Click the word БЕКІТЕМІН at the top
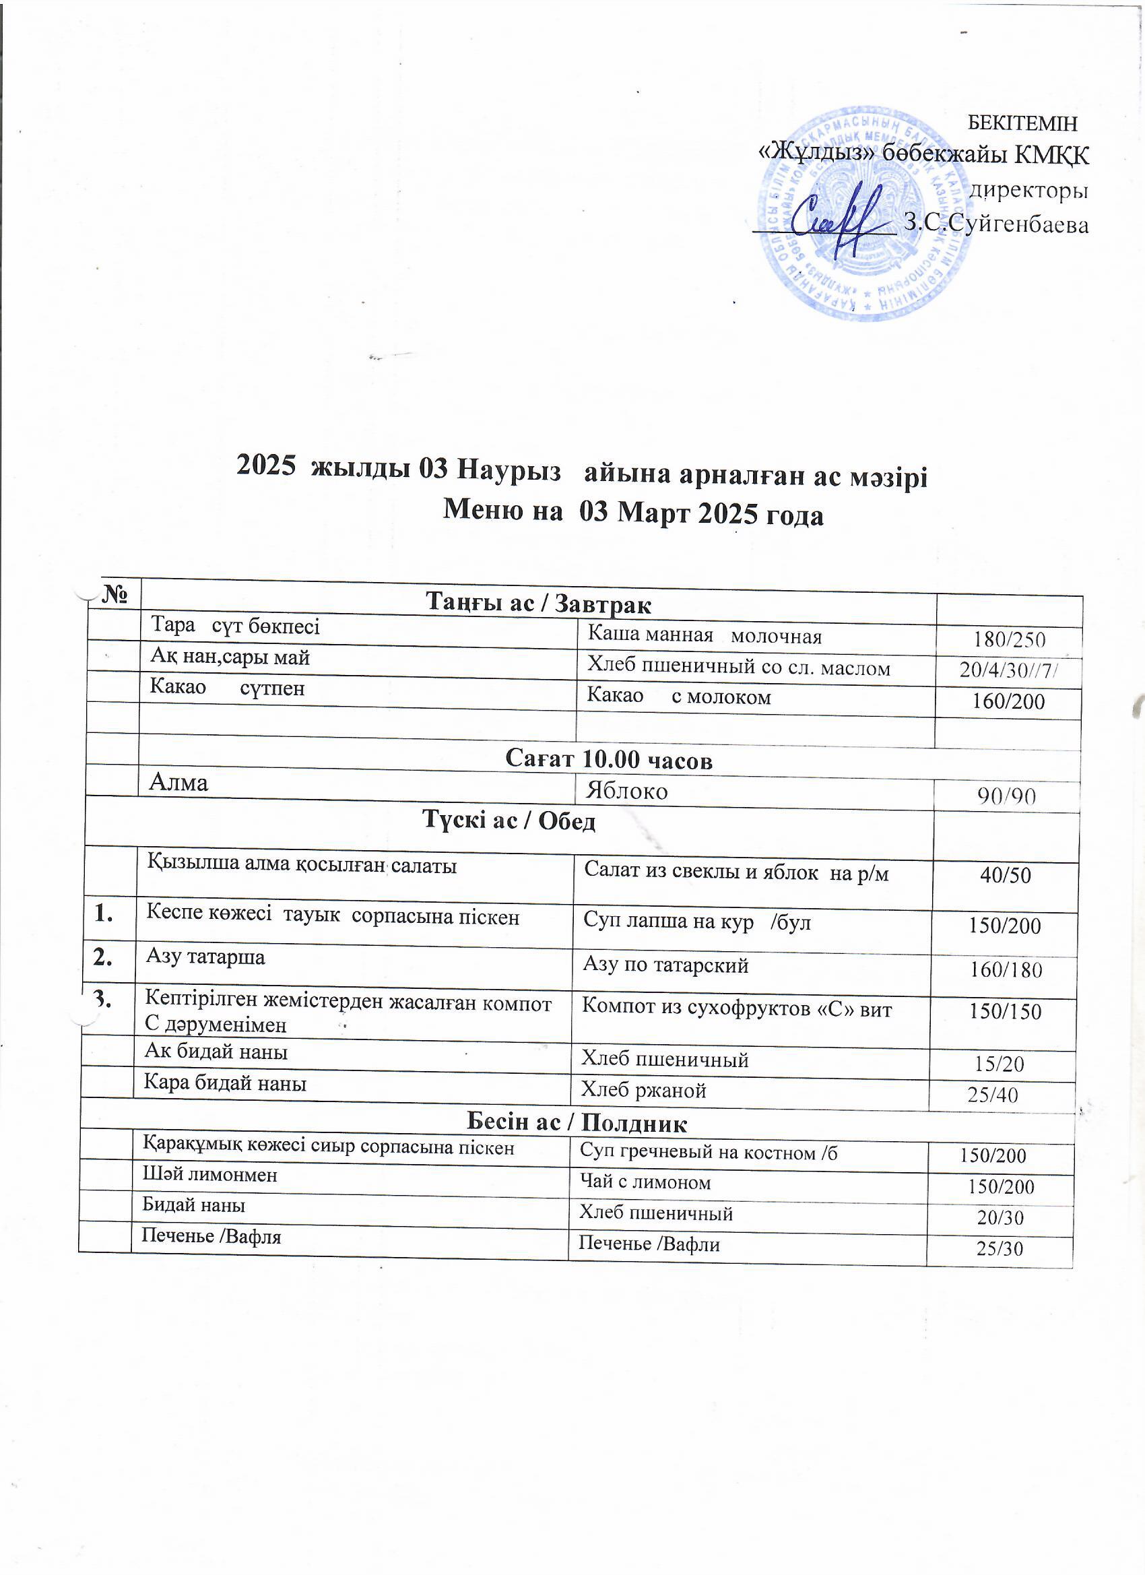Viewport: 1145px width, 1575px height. [x=1022, y=123]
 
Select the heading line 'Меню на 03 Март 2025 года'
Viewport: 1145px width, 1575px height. [x=632, y=514]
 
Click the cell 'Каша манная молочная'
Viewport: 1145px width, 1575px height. [x=705, y=635]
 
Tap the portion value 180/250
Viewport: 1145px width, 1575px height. [x=1009, y=639]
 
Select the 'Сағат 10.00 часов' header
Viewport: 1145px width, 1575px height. [x=608, y=760]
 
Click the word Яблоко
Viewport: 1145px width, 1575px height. [x=626, y=791]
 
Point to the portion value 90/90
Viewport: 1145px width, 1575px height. [x=1006, y=796]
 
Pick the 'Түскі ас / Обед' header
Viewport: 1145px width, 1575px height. [x=509, y=822]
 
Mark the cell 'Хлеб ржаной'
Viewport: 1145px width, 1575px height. [x=643, y=1090]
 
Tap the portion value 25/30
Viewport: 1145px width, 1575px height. [x=1000, y=1248]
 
